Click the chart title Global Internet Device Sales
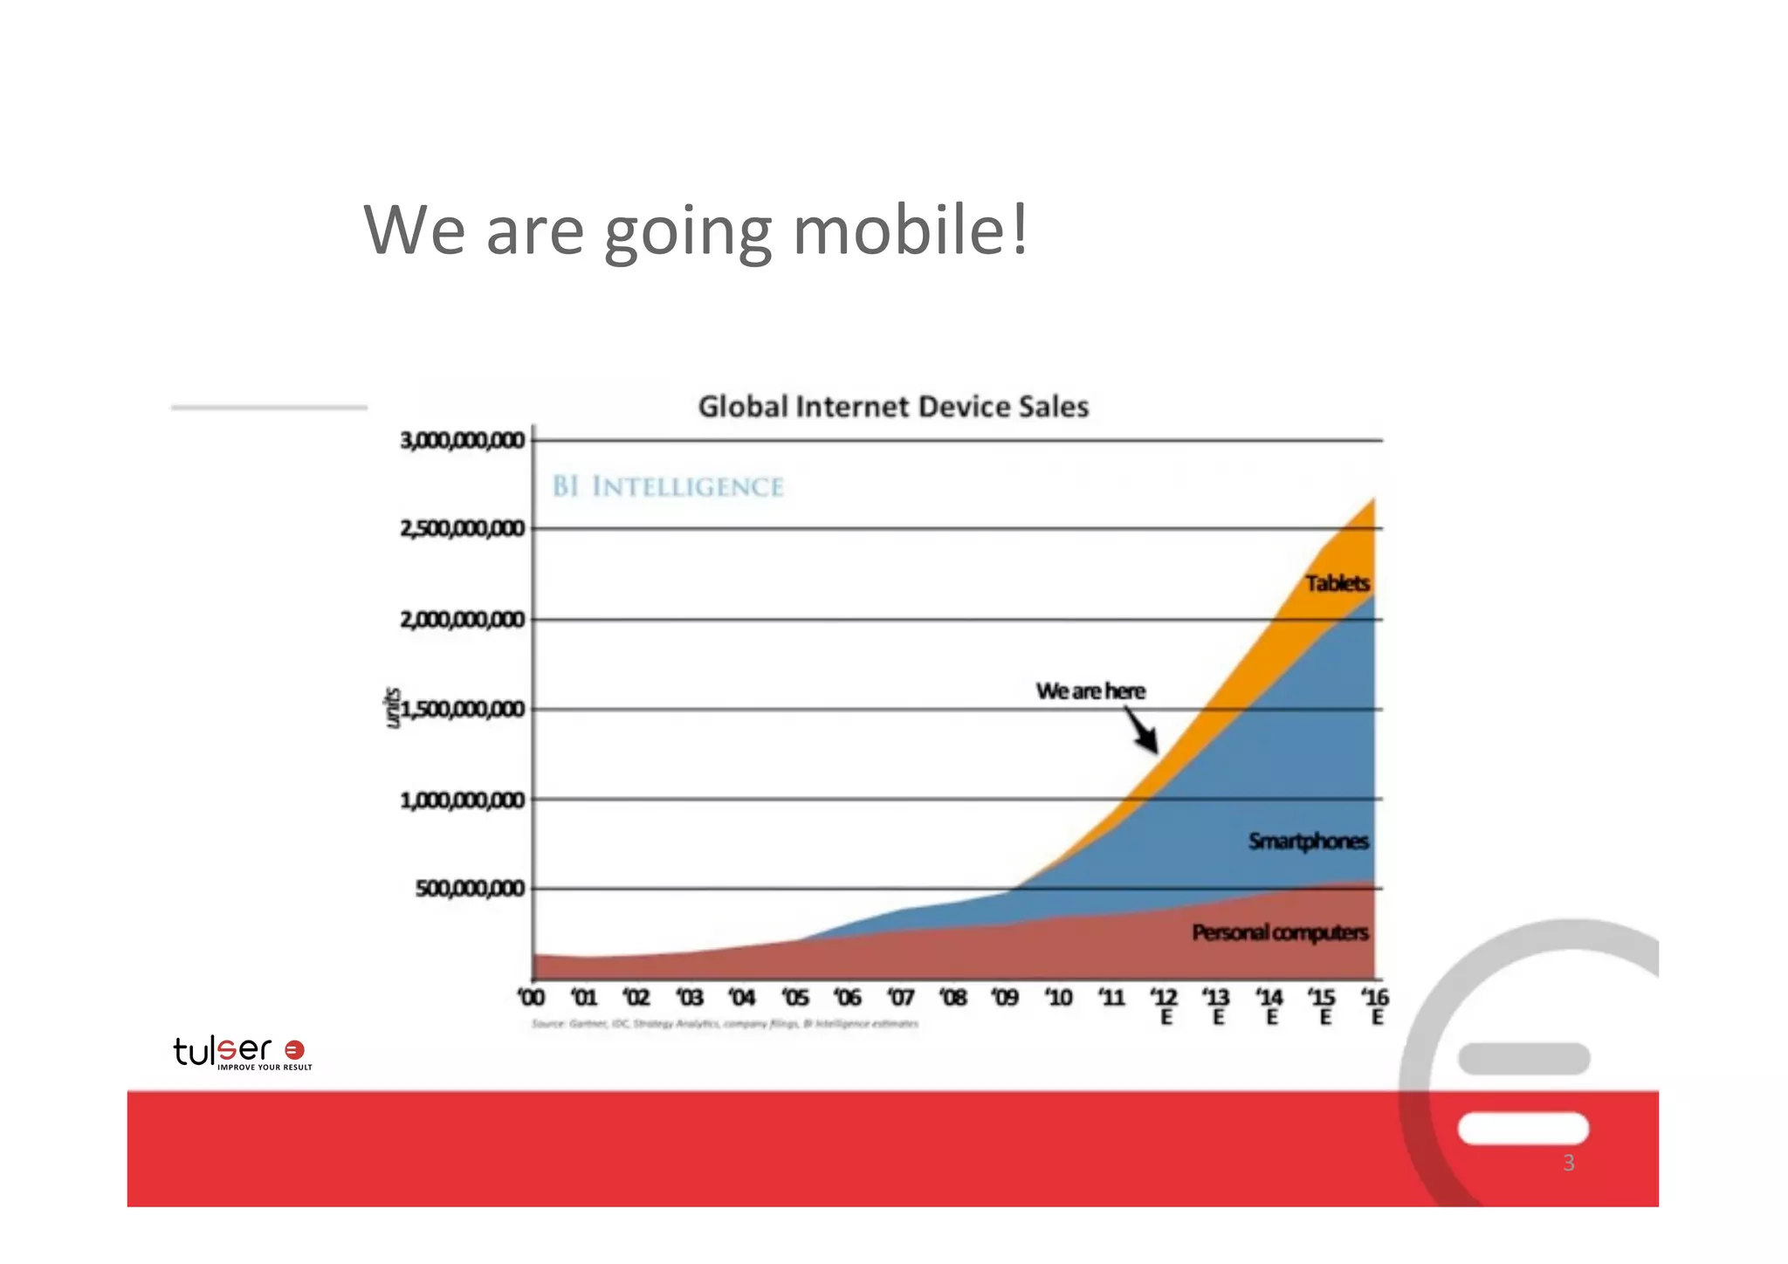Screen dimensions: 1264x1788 [x=893, y=407]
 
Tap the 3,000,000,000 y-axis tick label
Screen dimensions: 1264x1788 [x=463, y=440]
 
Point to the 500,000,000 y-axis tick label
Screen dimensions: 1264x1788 [x=470, y=889]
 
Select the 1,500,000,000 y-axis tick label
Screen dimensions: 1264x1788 [x=464, y=709]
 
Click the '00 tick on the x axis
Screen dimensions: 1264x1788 [x=531, y=997]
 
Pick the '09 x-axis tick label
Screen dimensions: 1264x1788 [x=1005, y=997]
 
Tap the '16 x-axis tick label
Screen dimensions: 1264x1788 [x=1375, y=997]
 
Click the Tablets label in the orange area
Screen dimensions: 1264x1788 [x=1338, y=583]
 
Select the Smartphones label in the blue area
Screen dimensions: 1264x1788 [x=1308, y=842]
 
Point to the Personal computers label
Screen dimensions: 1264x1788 [x=1280, y=933]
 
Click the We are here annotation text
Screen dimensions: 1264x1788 [x=1090, y=691]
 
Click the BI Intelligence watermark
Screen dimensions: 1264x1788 [x=668, y=487]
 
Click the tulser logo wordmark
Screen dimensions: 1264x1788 [x=223, y=1050]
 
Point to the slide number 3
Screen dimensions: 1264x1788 [x=1568, y=1163]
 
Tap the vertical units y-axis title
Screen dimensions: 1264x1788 [x=393, y=708]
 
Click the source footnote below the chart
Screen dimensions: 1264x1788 [x=725, y=1024]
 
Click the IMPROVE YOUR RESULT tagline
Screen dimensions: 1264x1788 [x=265, y=1068]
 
